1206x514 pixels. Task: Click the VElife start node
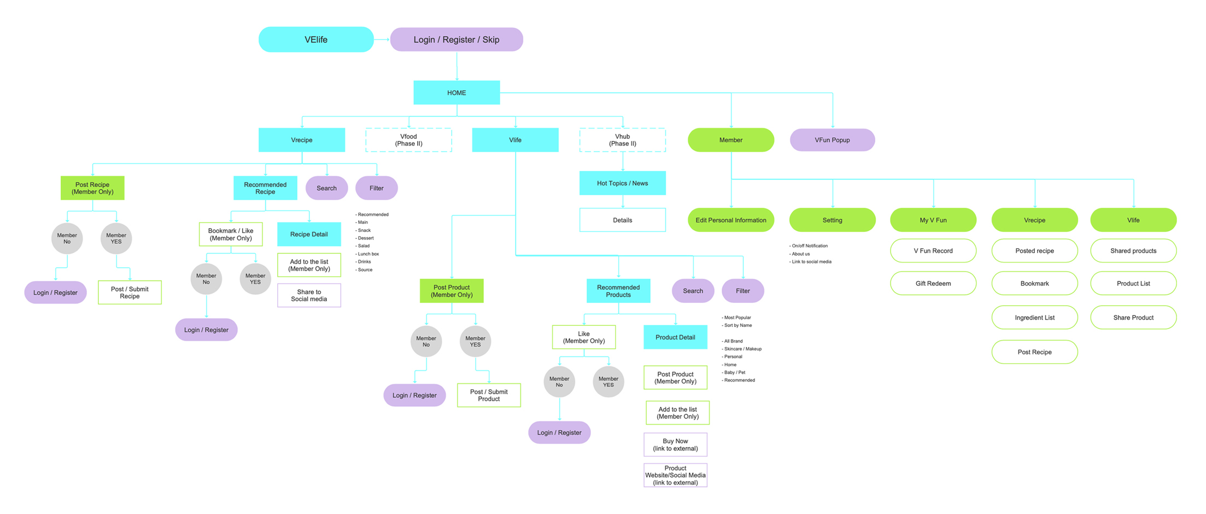[316, 40]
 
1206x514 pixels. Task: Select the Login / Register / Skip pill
[456, 40]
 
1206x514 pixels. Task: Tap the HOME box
[456, 93]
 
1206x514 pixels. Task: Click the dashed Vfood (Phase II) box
[408, 140]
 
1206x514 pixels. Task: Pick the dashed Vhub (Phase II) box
[622, 140]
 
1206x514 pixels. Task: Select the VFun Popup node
[832, 140]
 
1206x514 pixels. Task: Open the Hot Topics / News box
[622, 183]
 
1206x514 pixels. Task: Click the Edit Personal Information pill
[730, 220]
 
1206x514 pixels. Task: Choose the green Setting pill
[832, 220]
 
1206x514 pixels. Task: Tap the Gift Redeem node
[933, 284]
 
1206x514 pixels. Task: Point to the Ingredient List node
[1034, 318]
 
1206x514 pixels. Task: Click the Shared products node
[1133, 251]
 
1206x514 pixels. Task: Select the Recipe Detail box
[309, 235]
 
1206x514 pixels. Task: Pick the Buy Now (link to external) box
[675, 445]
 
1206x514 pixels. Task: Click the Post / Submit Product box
[489, 395]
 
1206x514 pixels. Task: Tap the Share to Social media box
[309, 295]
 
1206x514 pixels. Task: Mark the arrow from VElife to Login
[382, 39]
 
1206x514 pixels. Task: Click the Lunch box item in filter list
[368, 254]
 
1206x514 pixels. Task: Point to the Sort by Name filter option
[737, 325]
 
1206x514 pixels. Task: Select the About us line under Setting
[801, 254]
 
